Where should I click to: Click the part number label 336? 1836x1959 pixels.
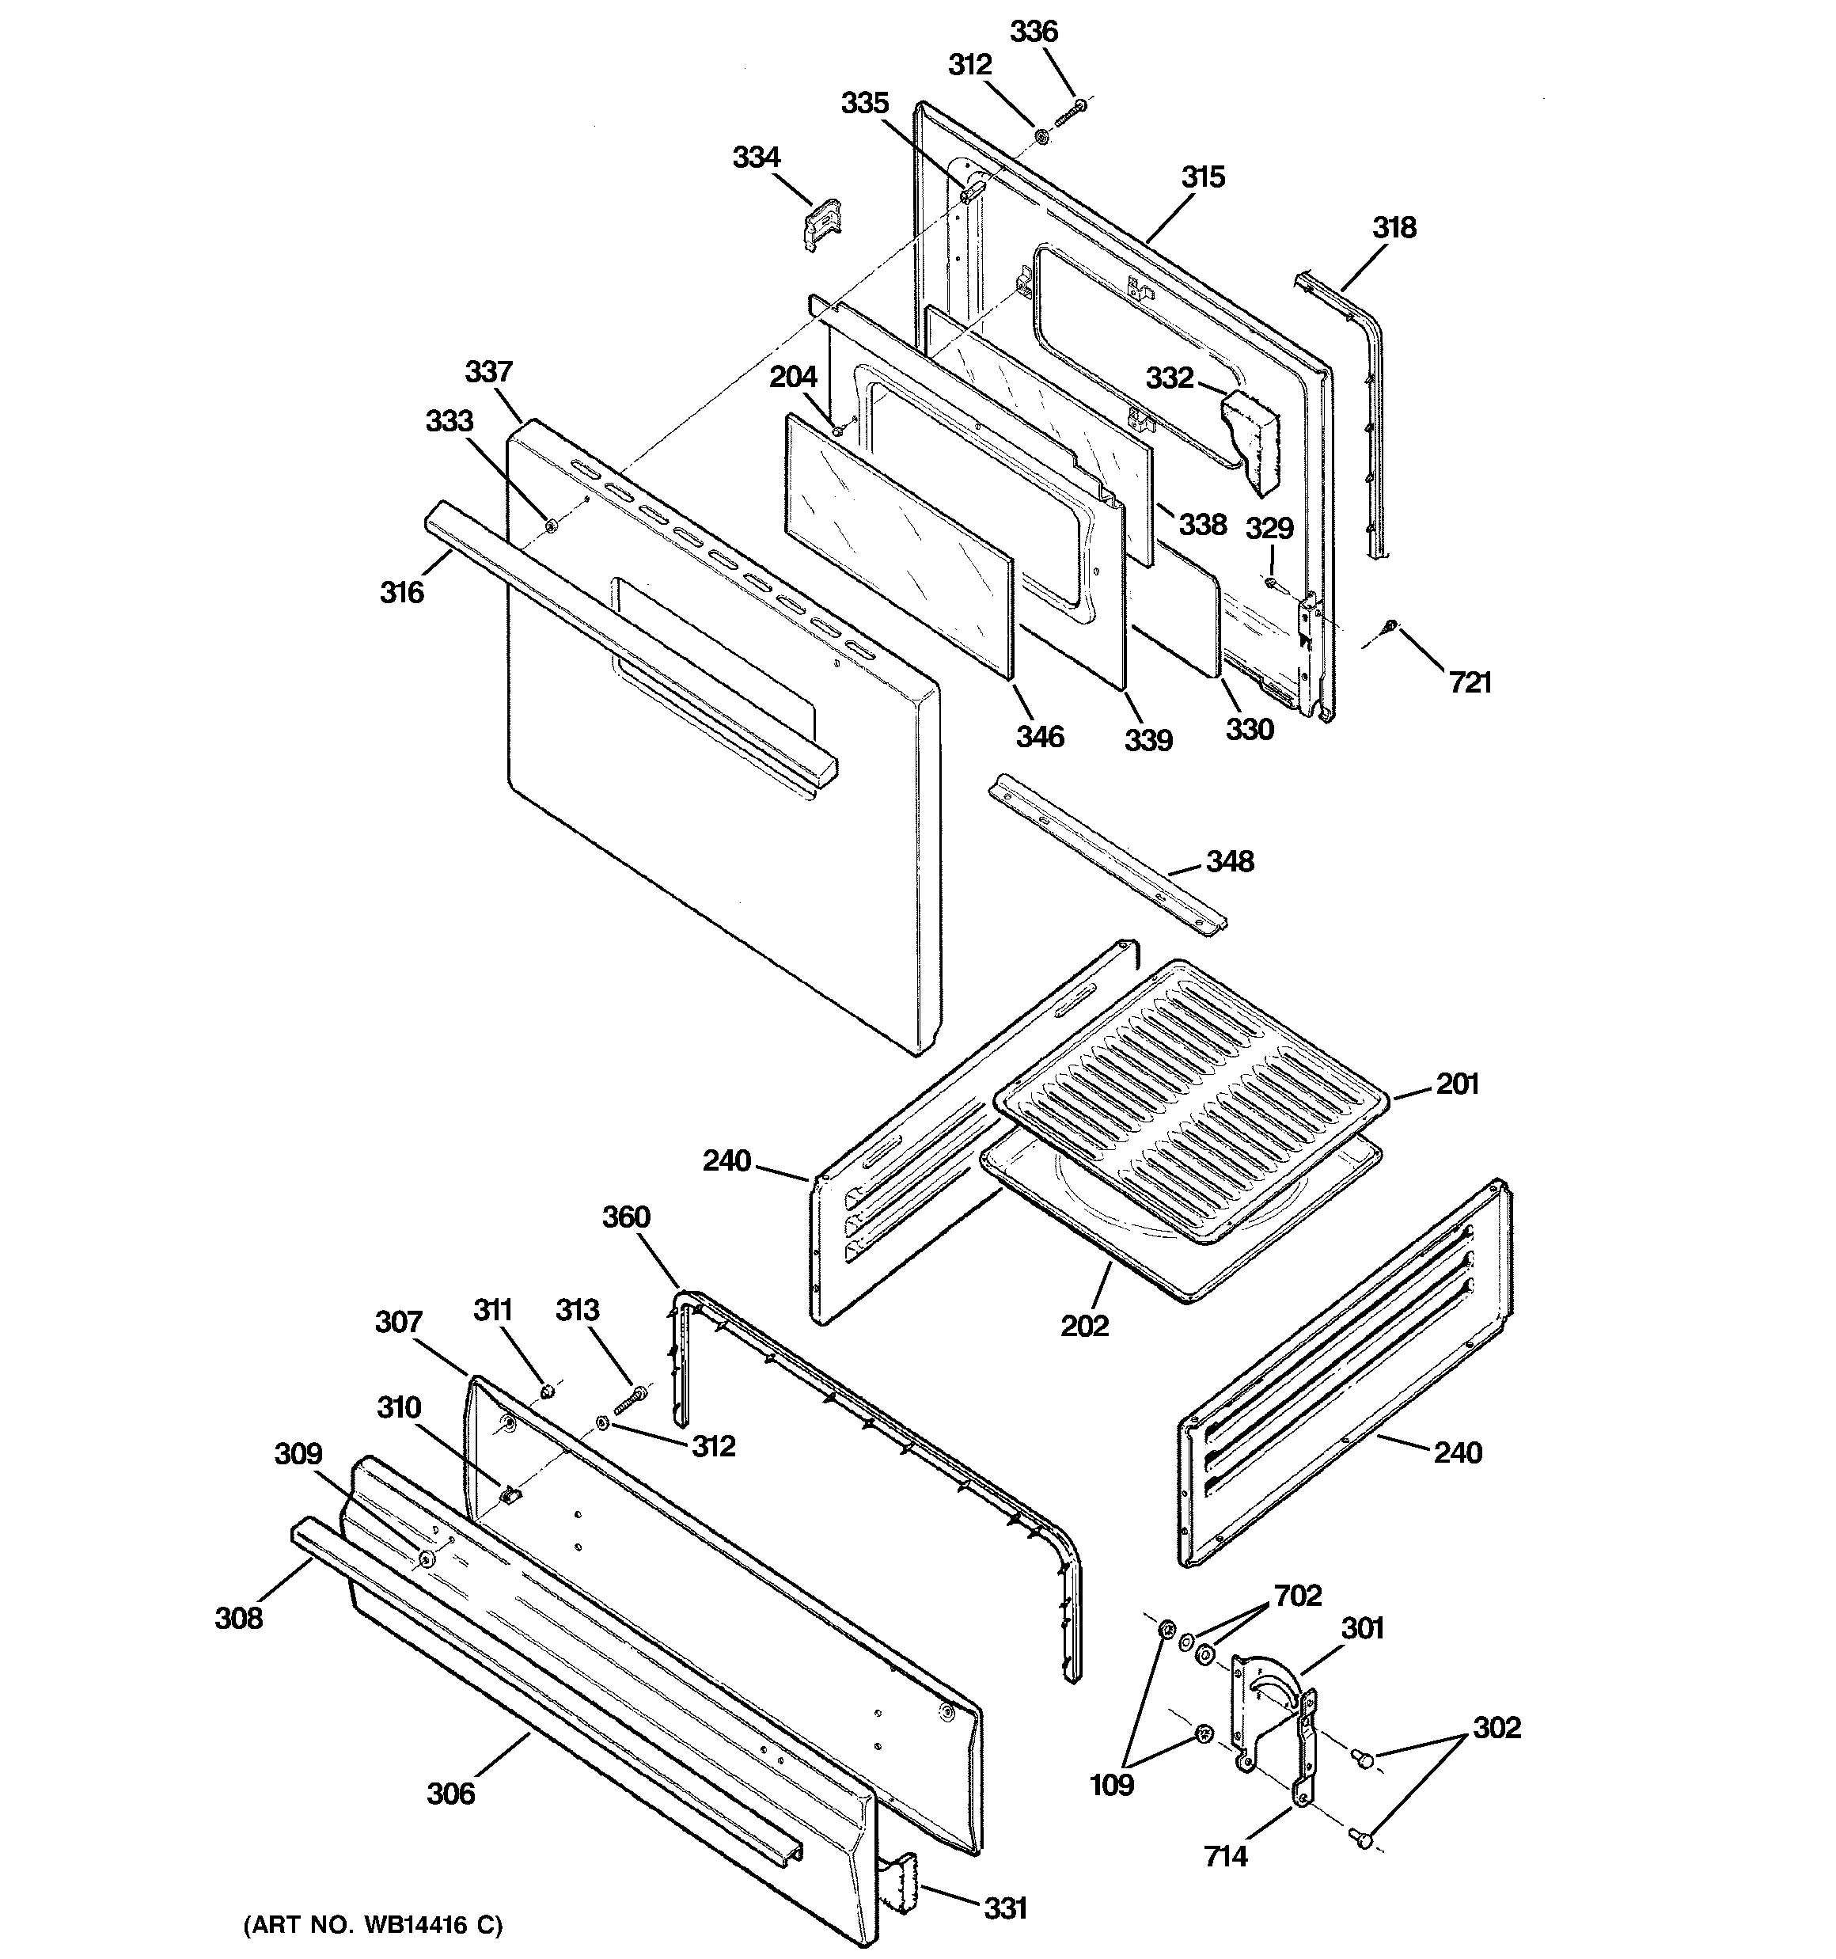point(1034,32)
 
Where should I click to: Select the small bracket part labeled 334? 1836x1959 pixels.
point(821,222)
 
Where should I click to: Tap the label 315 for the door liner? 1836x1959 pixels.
point(1202,177)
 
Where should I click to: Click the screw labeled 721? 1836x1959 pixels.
point(1390,625)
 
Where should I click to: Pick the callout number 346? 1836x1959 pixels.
point(1040,736)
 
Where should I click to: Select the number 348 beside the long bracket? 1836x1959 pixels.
point(1230,861)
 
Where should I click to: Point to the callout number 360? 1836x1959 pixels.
point(627,1217)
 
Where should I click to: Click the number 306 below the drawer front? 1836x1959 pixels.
point(450,1794)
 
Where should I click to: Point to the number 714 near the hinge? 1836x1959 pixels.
point(1225,1857)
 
